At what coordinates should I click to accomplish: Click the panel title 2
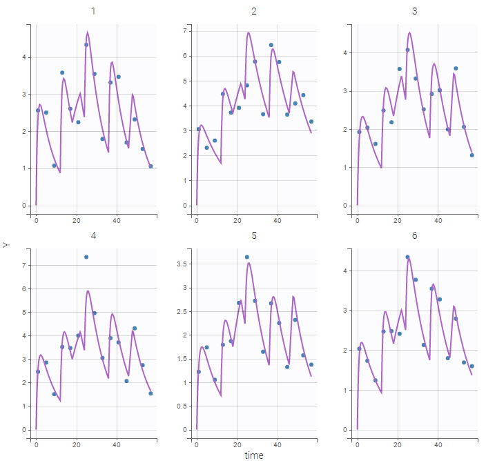click(254, 12)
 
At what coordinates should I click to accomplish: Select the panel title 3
click(415, 12)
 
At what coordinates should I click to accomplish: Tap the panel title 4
click(93, 236)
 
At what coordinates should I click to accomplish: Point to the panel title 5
click(254, 236)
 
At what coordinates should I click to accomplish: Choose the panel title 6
click(415, 236)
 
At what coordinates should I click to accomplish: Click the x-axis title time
click(254, 455)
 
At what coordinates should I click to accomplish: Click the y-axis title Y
click(6, 244)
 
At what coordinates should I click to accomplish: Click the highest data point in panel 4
click(86, 257)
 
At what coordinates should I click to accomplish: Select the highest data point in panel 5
click(247, 257)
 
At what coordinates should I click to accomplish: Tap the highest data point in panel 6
click(407, 257)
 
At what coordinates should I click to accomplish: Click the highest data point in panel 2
click(271, 45)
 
